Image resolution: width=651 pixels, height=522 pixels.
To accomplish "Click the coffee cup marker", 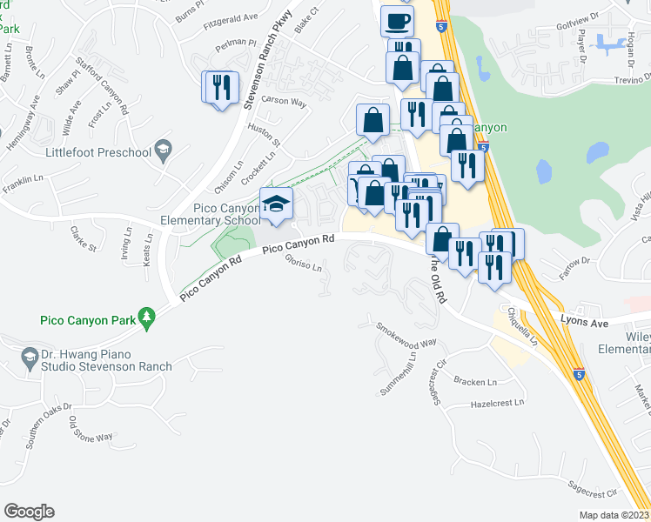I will pyautogui.click(x=397, y=21).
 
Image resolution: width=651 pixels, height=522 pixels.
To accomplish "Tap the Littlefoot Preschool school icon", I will pyautogui.click(x=162, y=151).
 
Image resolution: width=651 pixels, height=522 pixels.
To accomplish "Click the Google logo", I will pyautogui.click(x=29, y=512).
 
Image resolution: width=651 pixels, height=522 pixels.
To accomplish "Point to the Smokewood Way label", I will pyautogui.click(x=406, y=337).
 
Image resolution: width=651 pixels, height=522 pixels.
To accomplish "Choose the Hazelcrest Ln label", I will pyautogui.click(x=498, y=405).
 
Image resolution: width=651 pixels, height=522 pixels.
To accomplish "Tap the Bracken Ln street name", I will pyautogui.click(x=474, y=382).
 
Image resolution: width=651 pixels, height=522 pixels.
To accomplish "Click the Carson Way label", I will pyautogui.click(x=285, y=102).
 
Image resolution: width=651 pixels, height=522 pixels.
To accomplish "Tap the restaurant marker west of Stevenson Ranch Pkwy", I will pyautogui.click(x=220, y=88).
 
